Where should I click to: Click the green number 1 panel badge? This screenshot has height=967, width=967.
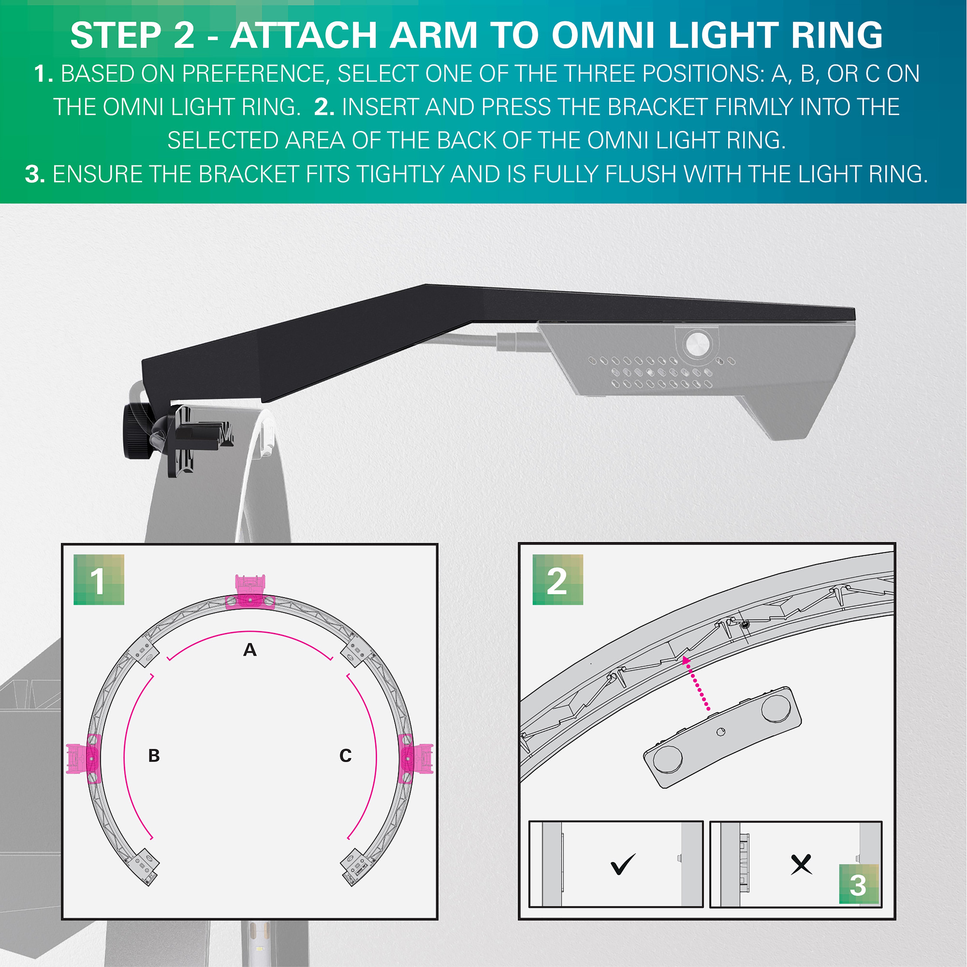[99, 580]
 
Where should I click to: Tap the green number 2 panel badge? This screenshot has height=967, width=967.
[557, 580]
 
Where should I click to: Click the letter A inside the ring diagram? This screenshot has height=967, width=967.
[250, 650]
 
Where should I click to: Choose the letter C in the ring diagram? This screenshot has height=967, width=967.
[345, 755]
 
